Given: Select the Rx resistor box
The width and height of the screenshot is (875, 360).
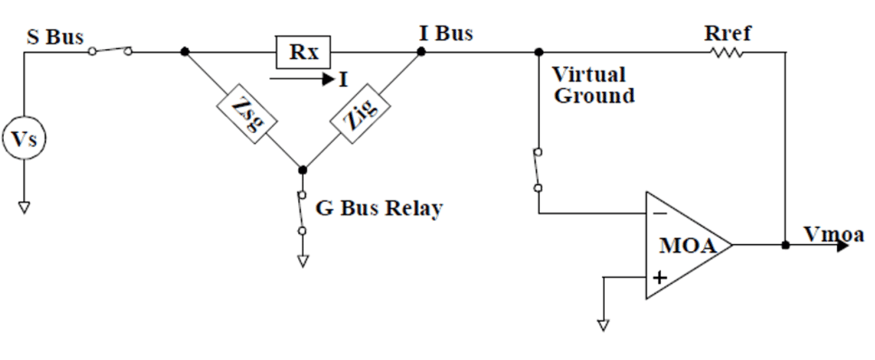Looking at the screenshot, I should point(303,53).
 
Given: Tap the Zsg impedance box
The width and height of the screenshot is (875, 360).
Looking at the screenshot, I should point(244,111).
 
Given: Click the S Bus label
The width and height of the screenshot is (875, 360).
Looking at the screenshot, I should point(54,38).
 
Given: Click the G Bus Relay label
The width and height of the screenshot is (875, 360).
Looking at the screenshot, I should point(378,208).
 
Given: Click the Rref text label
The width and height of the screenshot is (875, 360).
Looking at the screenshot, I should point(727,34).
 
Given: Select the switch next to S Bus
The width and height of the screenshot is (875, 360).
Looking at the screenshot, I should point(110,51).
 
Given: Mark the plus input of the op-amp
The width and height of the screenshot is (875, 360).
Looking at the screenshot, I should point(660,277).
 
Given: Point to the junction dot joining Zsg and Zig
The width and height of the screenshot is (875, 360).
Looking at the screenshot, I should point(303,170).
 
